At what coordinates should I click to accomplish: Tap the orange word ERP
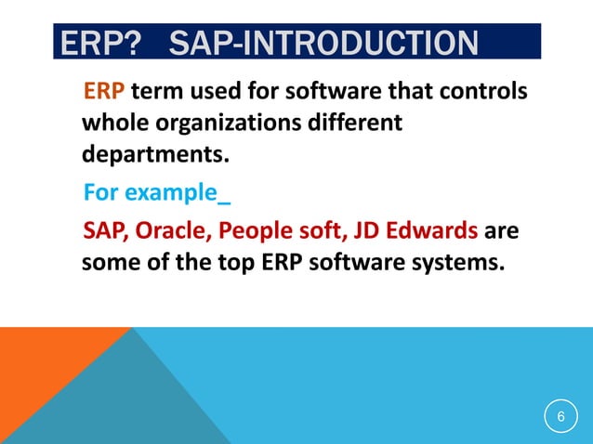click(104, 93)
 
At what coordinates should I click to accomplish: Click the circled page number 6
click(560, 417)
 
